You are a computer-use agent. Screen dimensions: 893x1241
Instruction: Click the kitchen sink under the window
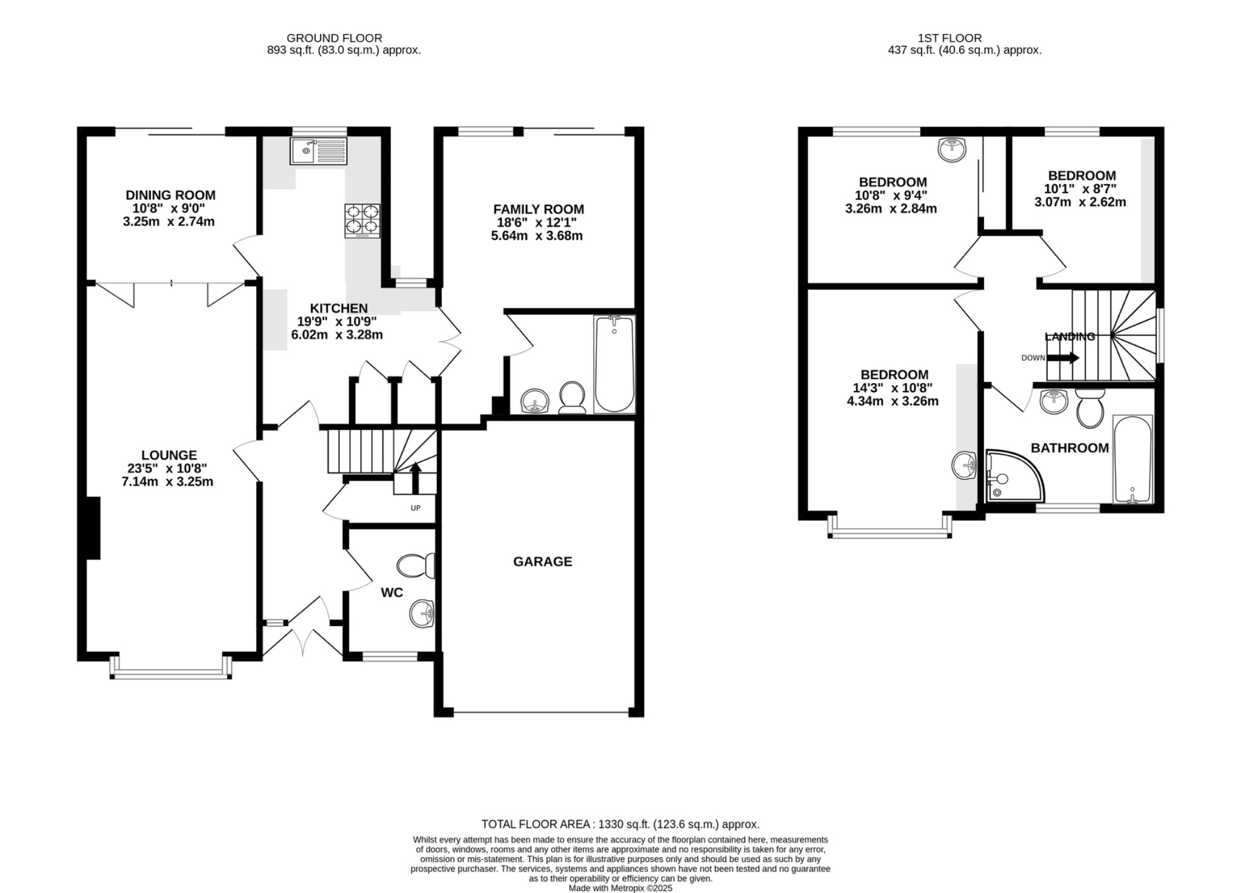319,151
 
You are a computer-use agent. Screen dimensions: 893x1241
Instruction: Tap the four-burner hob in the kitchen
362,221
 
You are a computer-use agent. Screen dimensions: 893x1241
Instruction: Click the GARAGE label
542,561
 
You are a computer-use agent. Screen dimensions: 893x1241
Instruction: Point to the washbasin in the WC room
422,614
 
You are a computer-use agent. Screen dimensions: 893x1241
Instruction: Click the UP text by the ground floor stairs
415,508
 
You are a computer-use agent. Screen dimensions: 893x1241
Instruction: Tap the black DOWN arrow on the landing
1063,358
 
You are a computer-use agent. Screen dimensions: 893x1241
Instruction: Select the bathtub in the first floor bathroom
1133,459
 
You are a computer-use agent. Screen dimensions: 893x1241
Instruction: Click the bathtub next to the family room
614,364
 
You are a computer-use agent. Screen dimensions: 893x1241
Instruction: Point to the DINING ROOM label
170,195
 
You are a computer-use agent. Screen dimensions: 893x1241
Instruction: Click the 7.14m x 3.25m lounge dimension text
167,482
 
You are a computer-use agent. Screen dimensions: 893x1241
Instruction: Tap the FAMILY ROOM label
538,209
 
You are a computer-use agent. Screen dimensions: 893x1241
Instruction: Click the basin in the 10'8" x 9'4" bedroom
952,149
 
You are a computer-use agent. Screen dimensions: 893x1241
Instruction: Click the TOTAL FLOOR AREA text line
620,824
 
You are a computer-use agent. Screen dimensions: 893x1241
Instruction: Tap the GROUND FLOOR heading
334,38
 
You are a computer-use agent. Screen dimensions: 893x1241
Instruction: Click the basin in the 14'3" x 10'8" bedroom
963,466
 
